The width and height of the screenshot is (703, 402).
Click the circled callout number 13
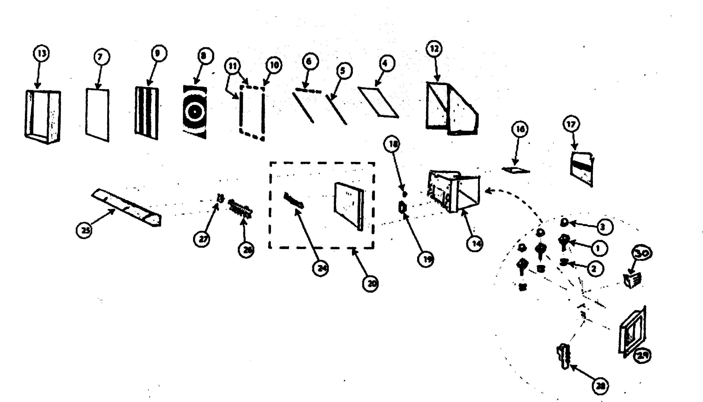click(x=41, y=53)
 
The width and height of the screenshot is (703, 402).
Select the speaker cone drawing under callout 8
click(x=194, y=112)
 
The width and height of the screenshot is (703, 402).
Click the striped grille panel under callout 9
click(x=147, y=113)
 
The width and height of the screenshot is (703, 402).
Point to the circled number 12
click(x=434, y=49)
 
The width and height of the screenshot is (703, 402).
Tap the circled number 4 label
click(x=385, y=63)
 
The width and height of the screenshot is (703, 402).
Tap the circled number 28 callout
click(x=600, y=386)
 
